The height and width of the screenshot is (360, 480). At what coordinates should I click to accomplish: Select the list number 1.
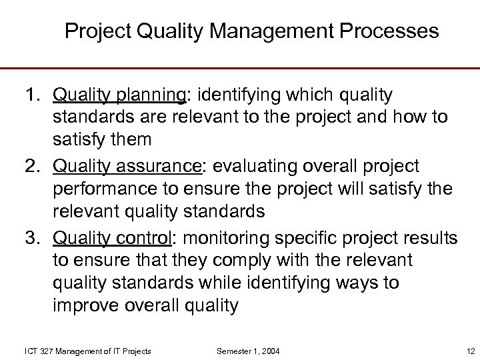click(x=33, y=95)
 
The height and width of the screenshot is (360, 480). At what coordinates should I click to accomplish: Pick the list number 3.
click(x=33, y=238)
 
